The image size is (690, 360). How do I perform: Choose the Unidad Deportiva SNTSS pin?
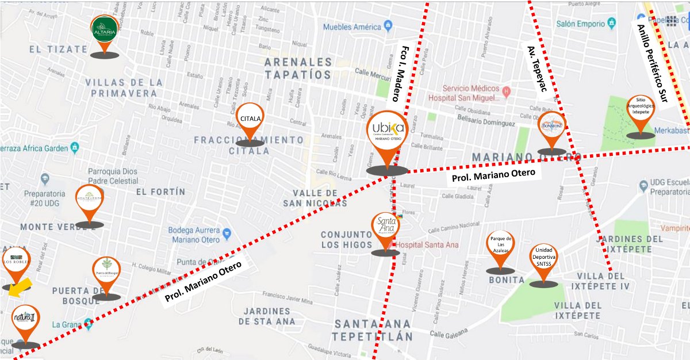click(543, 259)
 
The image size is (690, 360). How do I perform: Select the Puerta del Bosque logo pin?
click(106, 273)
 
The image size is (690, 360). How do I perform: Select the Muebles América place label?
click(352, 27)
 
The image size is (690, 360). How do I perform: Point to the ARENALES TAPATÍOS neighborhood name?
click(298, 68)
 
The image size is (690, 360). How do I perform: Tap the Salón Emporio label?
click(581, 24)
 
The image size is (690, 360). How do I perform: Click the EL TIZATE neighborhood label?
click(58, 49)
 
